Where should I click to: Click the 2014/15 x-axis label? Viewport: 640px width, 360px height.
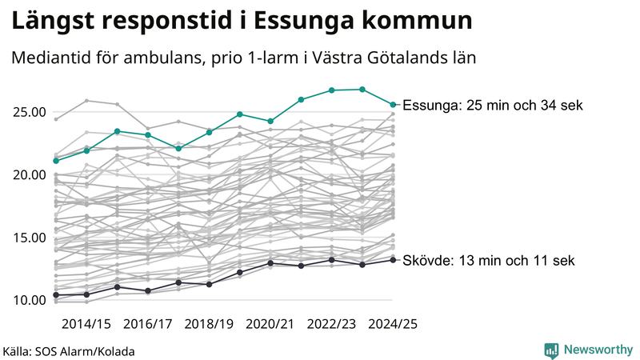[x=86, y=324]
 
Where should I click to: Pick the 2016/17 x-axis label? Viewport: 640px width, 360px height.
[x=148, y=324]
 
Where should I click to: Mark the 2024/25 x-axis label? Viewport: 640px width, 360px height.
[x=392, y=324]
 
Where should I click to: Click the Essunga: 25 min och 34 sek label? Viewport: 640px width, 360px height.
[x=493, y=106]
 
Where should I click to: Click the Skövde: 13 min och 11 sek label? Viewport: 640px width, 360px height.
[x=488, y=261]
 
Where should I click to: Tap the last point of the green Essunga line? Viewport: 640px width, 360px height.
[x=393, y=105]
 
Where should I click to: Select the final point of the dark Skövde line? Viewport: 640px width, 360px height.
[x=393, y=260]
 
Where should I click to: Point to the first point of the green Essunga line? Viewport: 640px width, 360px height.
[x=56, y=161]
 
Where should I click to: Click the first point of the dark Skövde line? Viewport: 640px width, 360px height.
[x=56, y=295]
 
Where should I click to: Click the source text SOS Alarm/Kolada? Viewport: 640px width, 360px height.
[x=90, y=350]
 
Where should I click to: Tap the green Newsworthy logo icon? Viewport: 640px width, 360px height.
[x=551, y=350]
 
